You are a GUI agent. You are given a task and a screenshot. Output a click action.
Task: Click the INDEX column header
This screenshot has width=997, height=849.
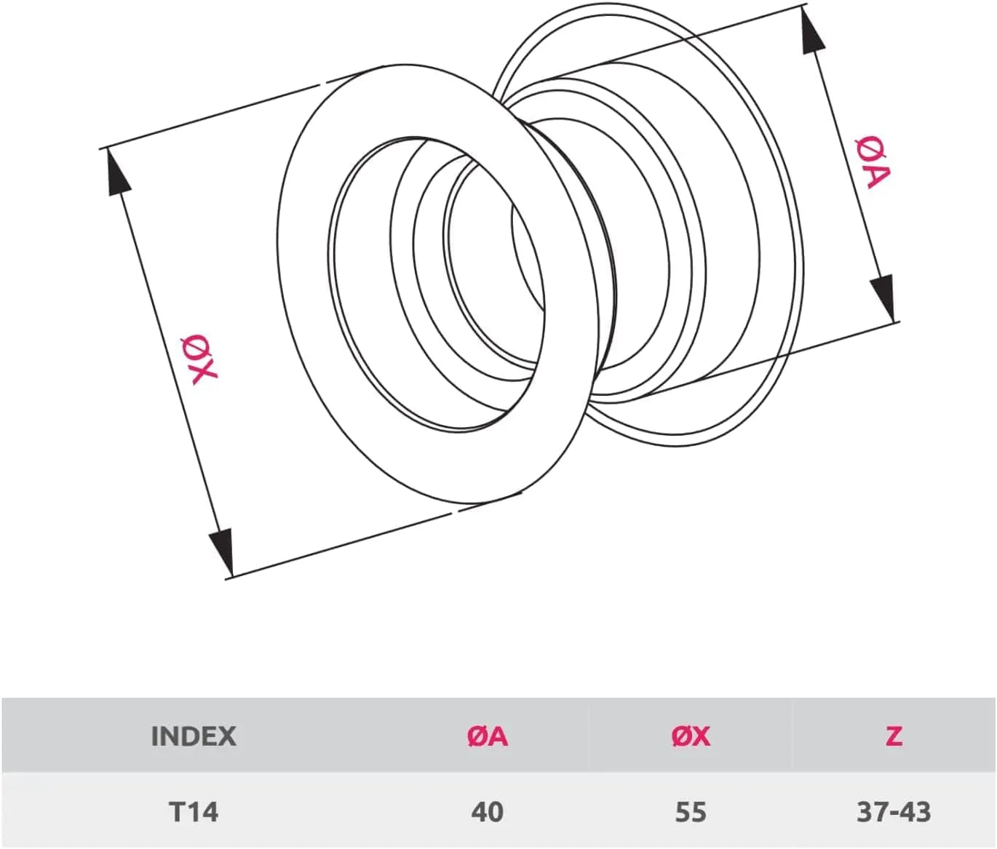click(x=193, y=736)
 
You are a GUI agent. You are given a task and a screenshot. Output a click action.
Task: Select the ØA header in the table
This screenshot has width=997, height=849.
click(x=487, y=736)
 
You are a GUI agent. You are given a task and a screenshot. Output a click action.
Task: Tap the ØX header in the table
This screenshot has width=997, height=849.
click(x=690, y=736)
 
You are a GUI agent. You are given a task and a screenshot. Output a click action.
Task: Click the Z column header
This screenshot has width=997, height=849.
click(x=894, y=736)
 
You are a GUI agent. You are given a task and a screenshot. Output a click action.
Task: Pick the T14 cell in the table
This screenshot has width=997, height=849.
click(x=193, y=811)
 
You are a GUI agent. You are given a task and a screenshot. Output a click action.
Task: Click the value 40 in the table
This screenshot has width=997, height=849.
click(x=487, y=811)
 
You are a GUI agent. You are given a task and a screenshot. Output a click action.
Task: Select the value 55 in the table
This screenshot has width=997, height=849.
click(x=690, y=811)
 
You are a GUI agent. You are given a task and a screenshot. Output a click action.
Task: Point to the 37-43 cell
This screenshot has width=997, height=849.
click(x=894, y=811)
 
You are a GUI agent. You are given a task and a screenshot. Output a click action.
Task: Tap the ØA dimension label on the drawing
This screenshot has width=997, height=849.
click(x=872, y=162)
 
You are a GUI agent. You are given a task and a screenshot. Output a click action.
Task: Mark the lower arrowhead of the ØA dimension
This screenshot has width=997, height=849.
click(x=883, y=295)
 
